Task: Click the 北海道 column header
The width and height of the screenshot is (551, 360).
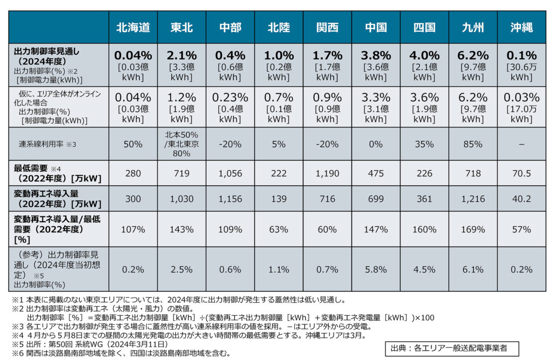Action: coord(133,27)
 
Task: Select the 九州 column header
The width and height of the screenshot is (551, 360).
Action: coord(472,27)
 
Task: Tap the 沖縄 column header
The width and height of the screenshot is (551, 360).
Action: coord(521,27)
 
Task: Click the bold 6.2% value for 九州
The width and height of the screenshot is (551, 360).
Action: coord(472,55)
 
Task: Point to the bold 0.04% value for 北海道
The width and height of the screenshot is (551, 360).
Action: coord(133,55)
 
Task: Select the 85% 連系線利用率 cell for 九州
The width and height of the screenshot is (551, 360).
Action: coord(472,144)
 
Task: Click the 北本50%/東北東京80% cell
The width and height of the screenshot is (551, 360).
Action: coord(181,144)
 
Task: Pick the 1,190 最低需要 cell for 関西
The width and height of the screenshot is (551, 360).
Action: coord(327,173)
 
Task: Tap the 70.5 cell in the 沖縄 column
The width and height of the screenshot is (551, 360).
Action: coord(521,173)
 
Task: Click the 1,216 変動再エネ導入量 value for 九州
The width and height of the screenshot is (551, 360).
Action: coord(472,199)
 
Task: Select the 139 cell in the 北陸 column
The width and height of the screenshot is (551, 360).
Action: coord(279,199)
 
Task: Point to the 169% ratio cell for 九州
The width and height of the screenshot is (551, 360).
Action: coord(472,230)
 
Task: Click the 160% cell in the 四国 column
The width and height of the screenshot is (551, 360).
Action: coord(424,230)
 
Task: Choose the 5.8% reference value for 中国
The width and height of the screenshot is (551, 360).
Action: coord(376,270)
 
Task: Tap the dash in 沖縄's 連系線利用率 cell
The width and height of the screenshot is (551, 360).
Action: coord(521,145)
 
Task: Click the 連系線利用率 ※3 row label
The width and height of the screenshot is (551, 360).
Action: coord(47,144)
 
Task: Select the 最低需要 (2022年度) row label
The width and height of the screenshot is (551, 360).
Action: coord(57,173)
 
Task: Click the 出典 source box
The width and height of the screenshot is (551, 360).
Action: coord(452,348)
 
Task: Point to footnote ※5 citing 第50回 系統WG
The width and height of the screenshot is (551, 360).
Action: coord(90,344)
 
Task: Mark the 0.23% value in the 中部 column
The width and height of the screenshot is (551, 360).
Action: coord(230,97)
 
